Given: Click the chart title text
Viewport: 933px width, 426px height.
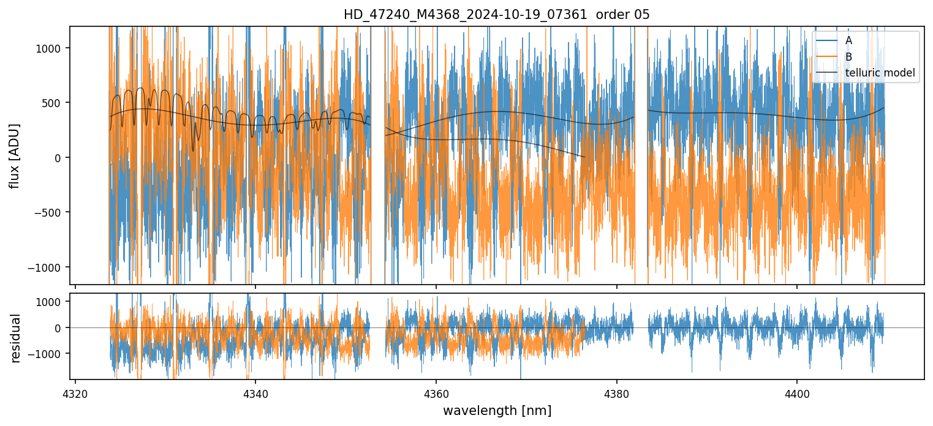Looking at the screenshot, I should pos(496,15).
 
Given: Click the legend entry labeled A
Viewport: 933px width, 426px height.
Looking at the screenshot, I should pos(848,40).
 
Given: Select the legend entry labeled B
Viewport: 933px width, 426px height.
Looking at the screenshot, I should pos(848,57).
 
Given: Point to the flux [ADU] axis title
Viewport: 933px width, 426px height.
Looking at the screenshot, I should pos(15,155).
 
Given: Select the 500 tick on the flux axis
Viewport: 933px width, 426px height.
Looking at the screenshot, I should pos(55,103).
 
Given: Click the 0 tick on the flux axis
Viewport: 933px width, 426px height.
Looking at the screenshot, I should pos(60,158).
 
